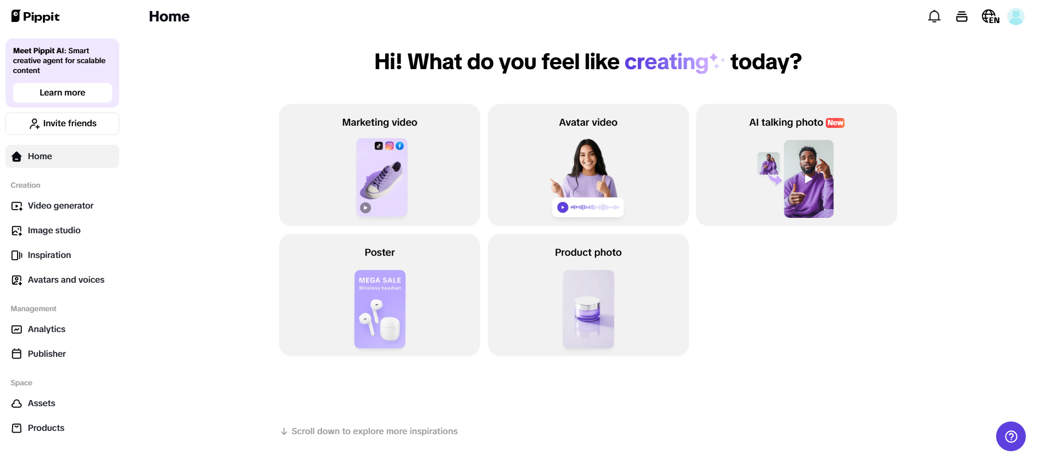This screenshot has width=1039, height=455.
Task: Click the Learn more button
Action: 63,93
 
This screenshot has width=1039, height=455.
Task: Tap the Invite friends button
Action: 63,123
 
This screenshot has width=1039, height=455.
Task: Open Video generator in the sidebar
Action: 60,206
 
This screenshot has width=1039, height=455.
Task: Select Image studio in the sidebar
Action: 54,231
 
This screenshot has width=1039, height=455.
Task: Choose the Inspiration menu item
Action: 49,255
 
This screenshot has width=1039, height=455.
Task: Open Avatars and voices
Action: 66,280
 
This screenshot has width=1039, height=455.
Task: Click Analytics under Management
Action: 46,329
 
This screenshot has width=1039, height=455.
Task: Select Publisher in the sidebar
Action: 47,354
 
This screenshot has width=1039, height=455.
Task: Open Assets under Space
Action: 41,403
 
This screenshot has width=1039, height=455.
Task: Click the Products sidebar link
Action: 46,428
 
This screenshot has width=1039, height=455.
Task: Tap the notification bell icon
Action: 934,16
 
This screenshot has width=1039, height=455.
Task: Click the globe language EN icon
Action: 990,16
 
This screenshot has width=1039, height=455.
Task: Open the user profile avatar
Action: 1015,16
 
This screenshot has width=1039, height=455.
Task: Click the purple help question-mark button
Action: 1010,436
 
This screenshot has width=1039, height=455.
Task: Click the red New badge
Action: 835,123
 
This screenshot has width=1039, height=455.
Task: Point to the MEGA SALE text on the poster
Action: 380,280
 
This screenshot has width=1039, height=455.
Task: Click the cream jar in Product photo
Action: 588,308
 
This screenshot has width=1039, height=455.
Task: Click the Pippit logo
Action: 35,16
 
